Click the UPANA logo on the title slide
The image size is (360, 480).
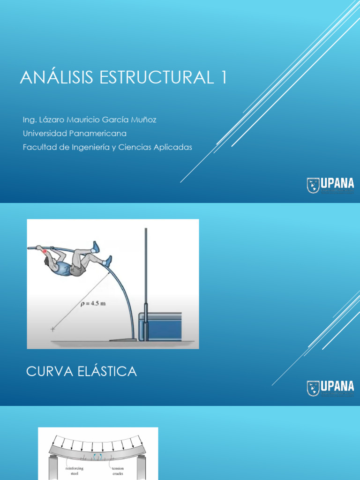coord(330,186)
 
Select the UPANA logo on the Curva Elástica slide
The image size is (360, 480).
coord(330,388)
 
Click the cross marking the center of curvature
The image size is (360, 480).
coord(52,330)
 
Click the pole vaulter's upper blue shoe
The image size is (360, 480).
coord(96,247)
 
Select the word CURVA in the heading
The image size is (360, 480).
coord(48,372)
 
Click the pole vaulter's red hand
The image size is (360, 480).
coord(45,251)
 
